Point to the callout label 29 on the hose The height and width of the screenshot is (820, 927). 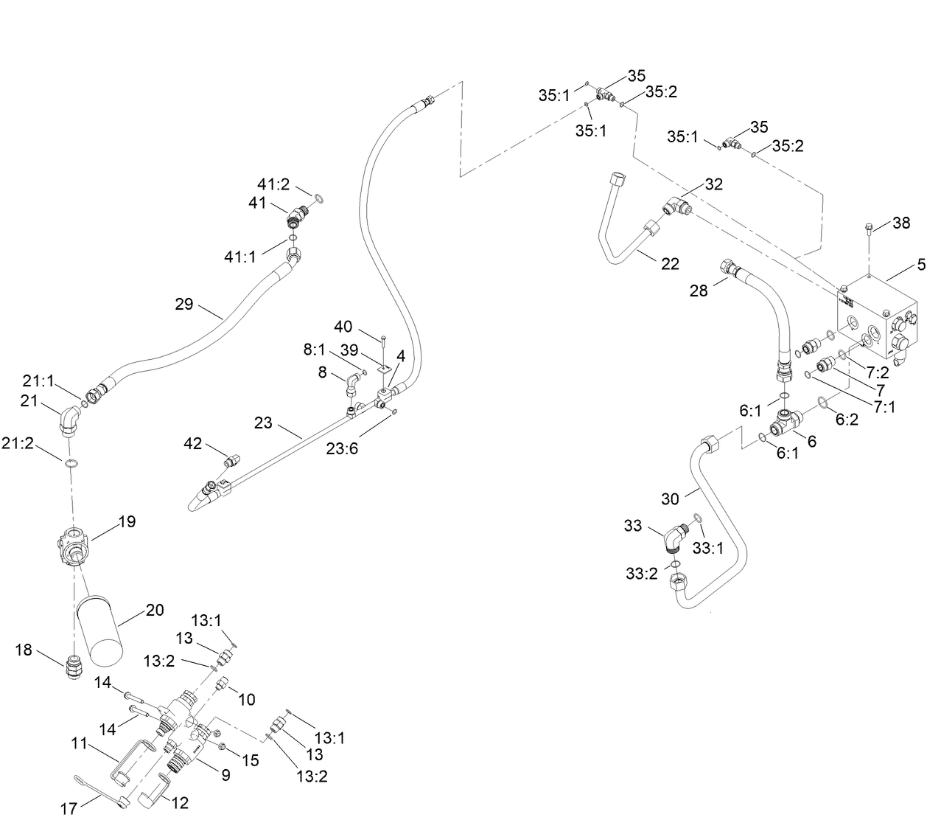tap(183, 303)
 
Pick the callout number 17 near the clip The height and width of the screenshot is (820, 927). tap(69, 809)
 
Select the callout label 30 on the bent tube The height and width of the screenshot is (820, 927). tap(669, 499)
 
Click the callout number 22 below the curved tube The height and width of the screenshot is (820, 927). tap(669, 263)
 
